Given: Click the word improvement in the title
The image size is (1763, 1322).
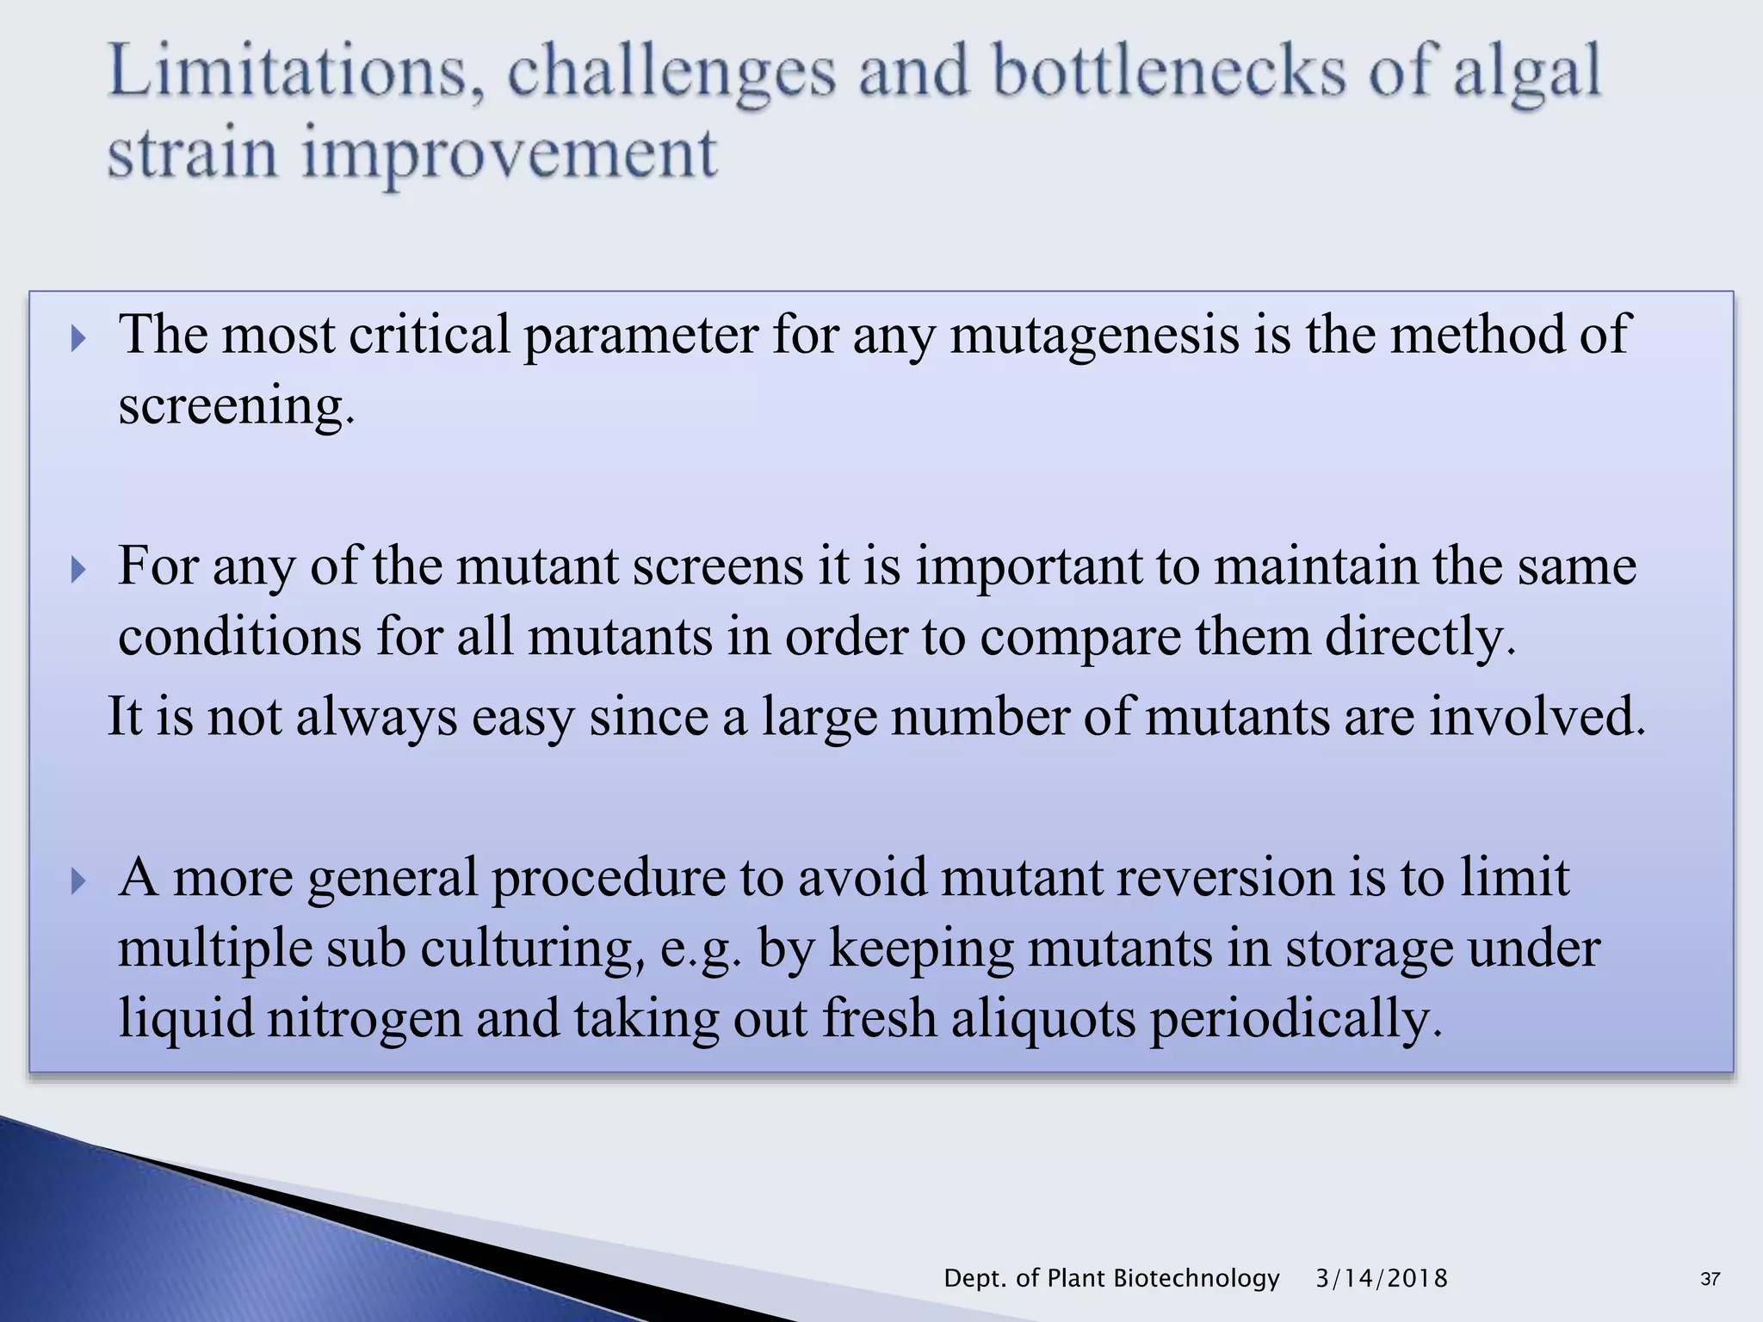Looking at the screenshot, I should click(x=509, y=155).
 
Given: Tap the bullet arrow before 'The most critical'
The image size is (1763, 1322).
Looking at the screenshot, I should click(x=78, y=338).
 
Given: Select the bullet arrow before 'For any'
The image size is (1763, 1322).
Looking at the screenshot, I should click(x=78, y=569).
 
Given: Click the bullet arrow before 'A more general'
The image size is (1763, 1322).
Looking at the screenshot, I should click(x=78, y=880).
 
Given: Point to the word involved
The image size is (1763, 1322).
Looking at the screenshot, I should click(x=1537, y=716).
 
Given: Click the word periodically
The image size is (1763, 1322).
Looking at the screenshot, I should click(x=1295, y=1018).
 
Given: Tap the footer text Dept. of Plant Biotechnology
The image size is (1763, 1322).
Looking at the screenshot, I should click(x=1111, y=1278).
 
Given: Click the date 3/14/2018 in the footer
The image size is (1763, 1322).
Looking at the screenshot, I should click(x=1382, y=1278).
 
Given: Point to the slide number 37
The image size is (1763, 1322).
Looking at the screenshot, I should click(x=1710, y=1279).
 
